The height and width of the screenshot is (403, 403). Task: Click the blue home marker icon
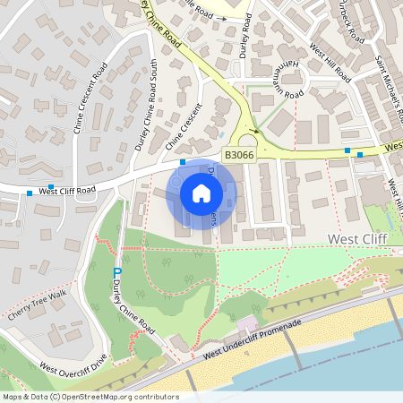point(201,193)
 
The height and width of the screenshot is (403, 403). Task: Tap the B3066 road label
point(238,155)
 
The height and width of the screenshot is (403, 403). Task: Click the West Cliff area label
point(358,239)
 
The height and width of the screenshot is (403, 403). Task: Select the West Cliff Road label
point(67,191)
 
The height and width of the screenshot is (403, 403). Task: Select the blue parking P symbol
point(117,272)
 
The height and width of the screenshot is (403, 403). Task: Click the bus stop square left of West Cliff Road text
point(30,193)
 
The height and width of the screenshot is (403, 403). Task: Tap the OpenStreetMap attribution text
point(90,396)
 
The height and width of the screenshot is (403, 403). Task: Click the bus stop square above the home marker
point(182,162)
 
